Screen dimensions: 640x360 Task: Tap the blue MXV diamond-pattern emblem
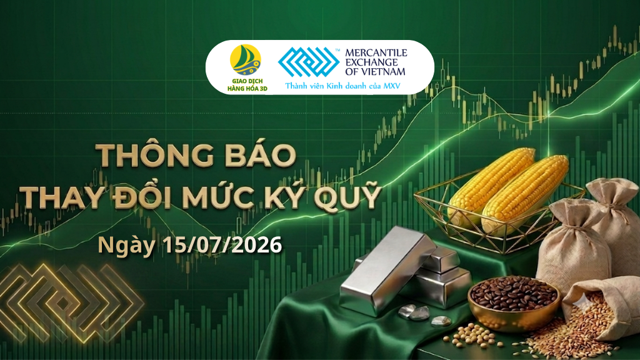coord(309,62)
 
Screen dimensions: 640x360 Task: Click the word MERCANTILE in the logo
coord(376,53)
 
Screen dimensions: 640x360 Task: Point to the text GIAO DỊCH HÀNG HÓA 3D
coord(247,85)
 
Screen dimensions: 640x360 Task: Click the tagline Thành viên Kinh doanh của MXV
coord(342,86)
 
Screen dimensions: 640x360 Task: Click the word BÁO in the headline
coord(260,155)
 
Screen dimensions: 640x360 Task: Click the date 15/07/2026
coord(222,245)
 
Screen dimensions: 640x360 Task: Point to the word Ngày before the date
coord(127,246)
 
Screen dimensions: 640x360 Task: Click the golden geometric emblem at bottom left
coord(71,302)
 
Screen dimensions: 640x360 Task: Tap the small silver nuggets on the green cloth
coord(421,314)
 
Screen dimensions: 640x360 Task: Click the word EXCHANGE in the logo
coord(371,62)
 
